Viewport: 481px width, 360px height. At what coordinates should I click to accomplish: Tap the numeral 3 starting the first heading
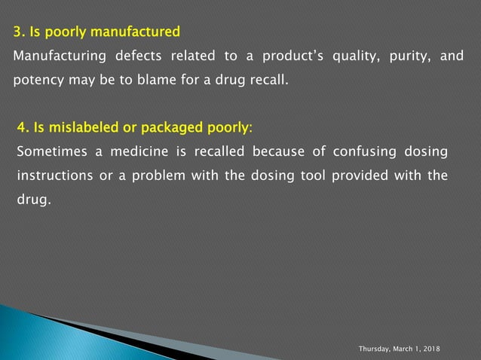click(17, 32)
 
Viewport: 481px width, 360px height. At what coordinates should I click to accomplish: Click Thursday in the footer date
click(375, 351)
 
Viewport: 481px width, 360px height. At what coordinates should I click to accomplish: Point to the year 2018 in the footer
click(431, 351)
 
